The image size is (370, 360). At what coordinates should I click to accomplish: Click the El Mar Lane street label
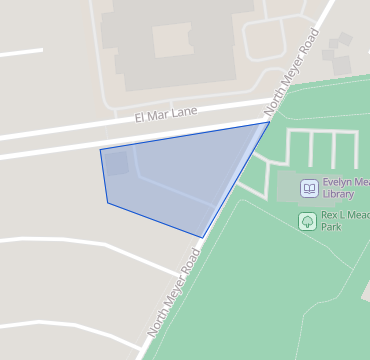tap(167, 114)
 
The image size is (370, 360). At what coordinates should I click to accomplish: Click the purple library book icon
tap(309, 188)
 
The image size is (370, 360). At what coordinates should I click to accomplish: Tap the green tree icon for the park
tap(307, 220)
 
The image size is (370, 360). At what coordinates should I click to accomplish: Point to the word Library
tap(339, 194)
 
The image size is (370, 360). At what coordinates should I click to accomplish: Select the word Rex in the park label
tap(330, 215)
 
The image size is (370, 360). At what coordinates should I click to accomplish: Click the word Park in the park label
tap(332, 227)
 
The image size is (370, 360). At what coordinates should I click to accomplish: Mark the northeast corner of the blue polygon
tap(269, 122)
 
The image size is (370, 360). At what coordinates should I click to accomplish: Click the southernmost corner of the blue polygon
tap(202, 238)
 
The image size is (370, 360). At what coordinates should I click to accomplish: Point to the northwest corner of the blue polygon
tap(100, 150)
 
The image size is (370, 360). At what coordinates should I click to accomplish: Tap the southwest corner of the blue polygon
tap(108, 203)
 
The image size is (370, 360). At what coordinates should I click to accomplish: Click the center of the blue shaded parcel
tap(180, 175)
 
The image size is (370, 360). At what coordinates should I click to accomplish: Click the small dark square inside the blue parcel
tap(116, 162)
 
